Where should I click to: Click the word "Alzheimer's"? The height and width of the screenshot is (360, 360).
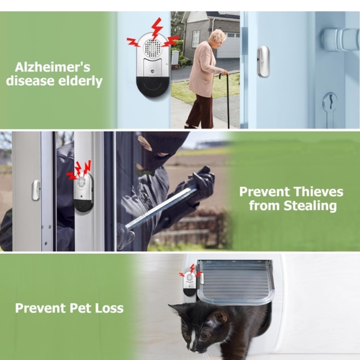point(53,67)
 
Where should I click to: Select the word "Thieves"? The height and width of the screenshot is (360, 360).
point(318,191)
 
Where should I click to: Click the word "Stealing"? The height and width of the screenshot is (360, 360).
point(310,205)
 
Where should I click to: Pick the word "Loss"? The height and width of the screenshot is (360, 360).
point(109,308)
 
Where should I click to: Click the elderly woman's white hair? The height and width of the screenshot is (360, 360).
point(217,36)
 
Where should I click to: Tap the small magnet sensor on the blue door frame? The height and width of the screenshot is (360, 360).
point(263,61)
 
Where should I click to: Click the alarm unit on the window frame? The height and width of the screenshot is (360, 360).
point(83,192)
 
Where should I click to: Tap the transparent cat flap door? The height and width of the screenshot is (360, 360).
point(235,281)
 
